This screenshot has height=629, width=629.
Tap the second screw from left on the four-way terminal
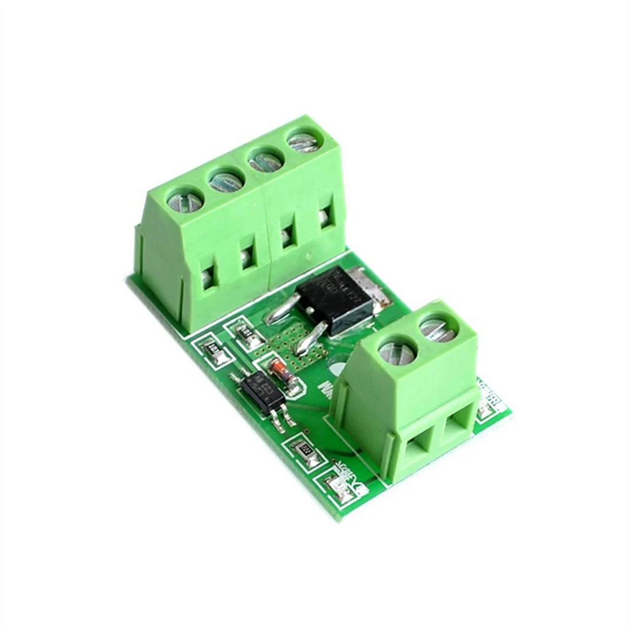coord(226,180)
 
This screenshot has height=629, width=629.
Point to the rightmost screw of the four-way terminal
coord(304,141)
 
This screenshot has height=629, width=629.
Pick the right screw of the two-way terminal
coord(438,329)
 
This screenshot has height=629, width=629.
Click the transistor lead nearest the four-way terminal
coord(282,310)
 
